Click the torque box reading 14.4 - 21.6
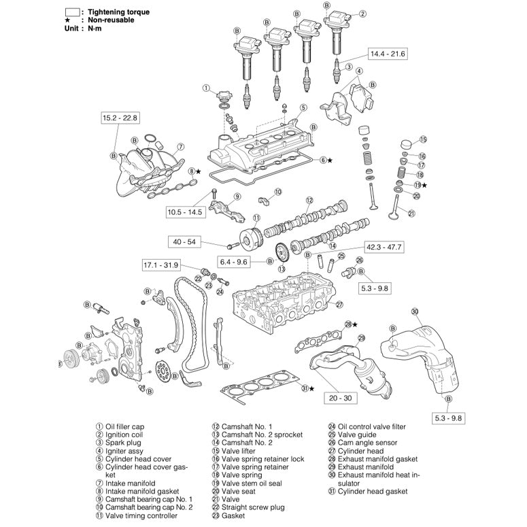387,53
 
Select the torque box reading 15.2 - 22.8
120,118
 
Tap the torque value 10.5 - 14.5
185,212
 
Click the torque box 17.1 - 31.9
161,265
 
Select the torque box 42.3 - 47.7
384,246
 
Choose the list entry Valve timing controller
141,515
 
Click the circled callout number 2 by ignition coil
362,14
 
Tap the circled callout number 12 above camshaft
309,200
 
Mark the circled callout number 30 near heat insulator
414,311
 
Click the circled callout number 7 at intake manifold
180,146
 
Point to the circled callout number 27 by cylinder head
340,305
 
